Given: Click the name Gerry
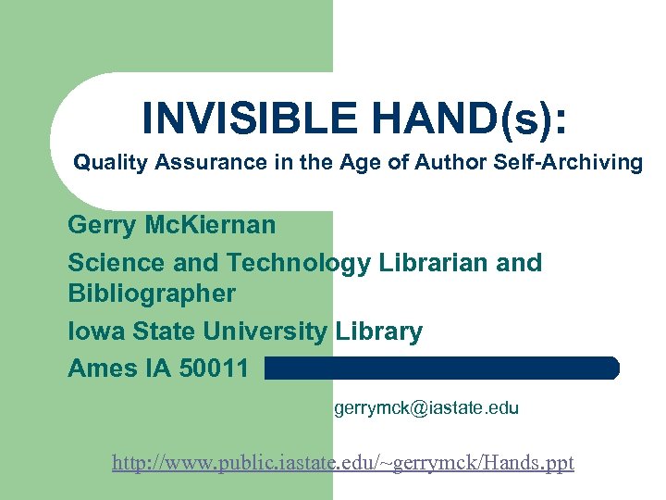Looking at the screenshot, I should coord(101,225).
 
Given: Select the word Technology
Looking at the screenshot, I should coord(300,263).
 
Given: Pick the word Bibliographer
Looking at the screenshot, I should coord(152,294).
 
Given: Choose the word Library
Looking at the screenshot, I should coord(379,331).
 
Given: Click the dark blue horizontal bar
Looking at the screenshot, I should coord(441,369).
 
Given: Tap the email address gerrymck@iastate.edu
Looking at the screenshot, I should coord(426,407).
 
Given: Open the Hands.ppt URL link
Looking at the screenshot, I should coord(343,462).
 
